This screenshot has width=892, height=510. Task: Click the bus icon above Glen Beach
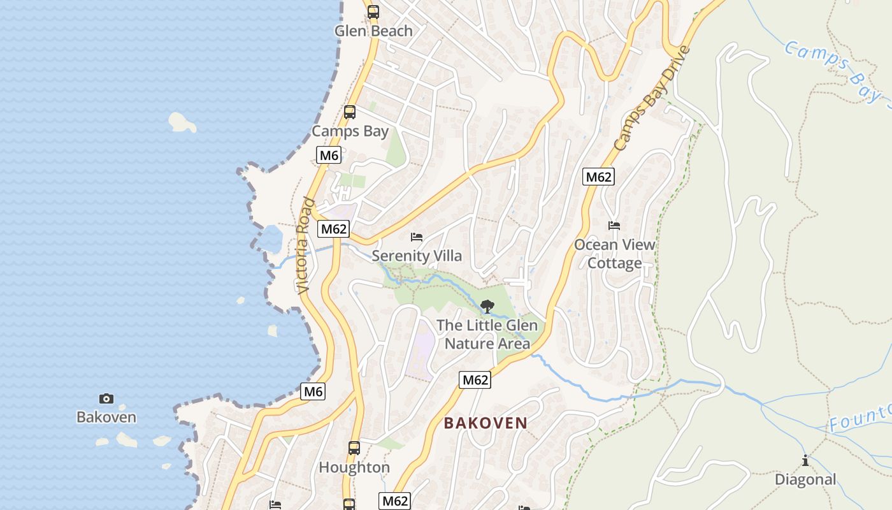(373, 11)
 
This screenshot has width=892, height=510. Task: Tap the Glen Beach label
(373, 31)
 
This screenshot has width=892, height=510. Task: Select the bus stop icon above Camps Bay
(350, 112)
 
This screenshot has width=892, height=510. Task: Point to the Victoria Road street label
(306, 245)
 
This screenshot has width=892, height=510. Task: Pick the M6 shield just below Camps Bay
(329, 155)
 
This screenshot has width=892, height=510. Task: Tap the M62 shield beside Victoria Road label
(334, 229)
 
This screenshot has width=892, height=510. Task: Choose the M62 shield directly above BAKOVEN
(475, 381)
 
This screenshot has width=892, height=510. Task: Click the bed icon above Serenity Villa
(417, 237)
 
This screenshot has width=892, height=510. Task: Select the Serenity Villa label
(417, 256)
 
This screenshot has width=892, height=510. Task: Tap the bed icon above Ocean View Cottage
(614, 226)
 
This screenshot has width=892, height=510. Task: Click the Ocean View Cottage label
(614, 254)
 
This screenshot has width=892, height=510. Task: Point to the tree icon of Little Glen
(487, 307)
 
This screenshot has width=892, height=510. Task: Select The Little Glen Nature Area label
(487, 335)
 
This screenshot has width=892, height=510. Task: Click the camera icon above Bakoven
(106, 398)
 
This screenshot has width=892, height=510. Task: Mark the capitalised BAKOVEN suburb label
(486, 423)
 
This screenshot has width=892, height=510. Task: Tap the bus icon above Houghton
(354, 448)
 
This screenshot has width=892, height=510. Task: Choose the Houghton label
(354, 467)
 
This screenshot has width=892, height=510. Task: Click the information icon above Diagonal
(805, 460)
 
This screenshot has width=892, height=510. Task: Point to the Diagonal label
(805, 479)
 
